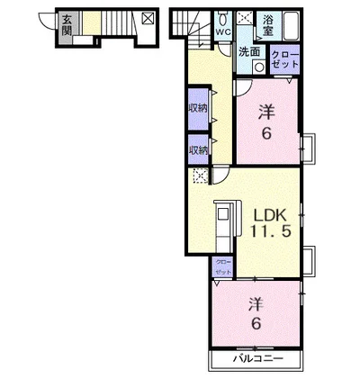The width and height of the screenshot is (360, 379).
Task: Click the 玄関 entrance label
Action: (x=67, y=25)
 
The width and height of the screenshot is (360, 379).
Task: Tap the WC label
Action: (x=223, y=32)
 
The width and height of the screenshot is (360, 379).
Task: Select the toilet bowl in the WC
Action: (x=223, y=19)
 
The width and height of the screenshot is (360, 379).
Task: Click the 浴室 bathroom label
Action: (x=267, y=25)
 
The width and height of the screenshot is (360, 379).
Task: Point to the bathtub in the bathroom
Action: (x=291, y=26)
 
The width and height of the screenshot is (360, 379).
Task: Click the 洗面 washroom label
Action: (x=249, y=52)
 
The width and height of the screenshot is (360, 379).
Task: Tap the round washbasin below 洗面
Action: (x=258, y=67)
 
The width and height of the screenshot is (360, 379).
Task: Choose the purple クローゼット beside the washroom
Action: (x=284, y=59)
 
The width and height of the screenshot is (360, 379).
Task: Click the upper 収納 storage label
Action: (x=198, y=108)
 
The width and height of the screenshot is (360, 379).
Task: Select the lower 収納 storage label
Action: (x=198, y=149)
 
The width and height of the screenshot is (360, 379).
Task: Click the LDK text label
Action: (x=269, y=215)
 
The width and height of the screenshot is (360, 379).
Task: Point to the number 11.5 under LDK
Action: (x=271, y=231)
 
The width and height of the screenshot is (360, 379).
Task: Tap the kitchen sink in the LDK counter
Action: (x=223, y=214)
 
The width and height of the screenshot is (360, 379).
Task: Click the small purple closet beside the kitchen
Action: (x=223, y=267)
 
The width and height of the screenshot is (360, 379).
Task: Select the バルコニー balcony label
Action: (x=258, y=358)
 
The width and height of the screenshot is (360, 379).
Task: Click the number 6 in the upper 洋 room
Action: (x=266, y=133)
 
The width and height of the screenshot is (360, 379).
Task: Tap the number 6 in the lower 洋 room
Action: (x=256, y=324)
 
